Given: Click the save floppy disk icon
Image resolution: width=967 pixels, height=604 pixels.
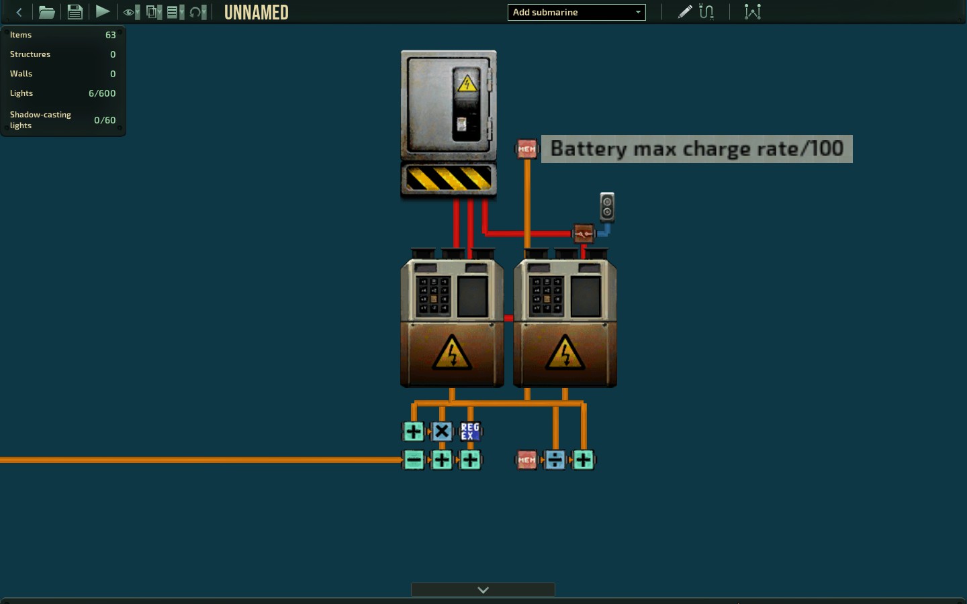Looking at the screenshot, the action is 75,11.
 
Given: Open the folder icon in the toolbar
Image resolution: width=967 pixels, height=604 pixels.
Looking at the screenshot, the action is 46,11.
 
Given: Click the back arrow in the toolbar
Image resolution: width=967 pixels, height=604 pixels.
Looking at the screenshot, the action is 19,12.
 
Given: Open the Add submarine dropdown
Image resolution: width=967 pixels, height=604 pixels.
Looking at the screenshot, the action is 576,12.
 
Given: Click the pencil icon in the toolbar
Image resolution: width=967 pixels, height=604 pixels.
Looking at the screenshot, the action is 685,11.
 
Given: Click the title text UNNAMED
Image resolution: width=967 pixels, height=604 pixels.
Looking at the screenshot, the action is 256,13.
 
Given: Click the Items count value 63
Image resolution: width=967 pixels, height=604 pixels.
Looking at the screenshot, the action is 111,35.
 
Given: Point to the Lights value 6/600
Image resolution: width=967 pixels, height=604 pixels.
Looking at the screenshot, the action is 102,93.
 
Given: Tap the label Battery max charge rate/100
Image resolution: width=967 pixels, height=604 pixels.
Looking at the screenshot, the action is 697,149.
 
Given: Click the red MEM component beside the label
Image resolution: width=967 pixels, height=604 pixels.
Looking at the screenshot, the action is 526,149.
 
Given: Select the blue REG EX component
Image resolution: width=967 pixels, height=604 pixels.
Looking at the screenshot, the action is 470,431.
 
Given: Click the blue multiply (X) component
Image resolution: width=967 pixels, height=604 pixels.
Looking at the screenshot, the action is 442,431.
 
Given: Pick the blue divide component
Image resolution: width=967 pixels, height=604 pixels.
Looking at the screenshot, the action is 555,460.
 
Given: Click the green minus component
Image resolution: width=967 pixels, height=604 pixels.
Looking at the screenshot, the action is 413,460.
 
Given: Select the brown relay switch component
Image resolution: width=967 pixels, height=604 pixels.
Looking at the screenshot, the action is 583,234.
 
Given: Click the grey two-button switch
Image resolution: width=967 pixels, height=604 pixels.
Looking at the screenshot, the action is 607,207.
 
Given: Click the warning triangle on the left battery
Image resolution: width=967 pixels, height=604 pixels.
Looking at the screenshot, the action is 452,352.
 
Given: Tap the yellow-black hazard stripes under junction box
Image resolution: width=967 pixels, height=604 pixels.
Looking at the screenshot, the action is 449,179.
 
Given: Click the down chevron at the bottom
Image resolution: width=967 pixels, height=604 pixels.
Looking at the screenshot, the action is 483,590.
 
